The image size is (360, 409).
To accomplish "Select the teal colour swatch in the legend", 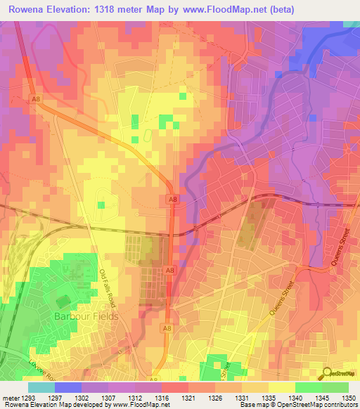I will [41, 387].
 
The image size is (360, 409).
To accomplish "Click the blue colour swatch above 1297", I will [68, 387].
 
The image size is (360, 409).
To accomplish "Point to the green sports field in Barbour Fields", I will [63, 301].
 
